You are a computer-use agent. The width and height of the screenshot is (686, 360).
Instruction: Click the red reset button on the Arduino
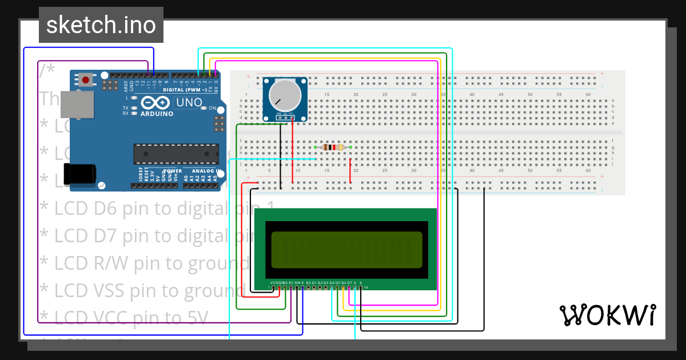click(x=85, y=80)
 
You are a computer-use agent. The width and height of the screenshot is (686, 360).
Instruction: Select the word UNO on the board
click(x=188, y=103)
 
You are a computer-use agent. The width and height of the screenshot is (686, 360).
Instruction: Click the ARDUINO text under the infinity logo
click(x=157, y=114)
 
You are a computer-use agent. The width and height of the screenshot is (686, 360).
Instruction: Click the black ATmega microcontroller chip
click(x=176, y=154)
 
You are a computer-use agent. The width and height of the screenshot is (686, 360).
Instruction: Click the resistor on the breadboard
click(x=333, y=147)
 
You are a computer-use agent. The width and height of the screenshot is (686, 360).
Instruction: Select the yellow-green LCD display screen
click(x=347, y=250)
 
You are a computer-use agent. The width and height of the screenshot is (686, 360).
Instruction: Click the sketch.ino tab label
click(x=101, y=25)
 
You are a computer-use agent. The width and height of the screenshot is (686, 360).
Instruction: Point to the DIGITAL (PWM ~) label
click(x=186, y=90)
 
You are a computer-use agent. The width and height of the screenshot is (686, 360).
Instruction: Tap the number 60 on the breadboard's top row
click(x=588, y=94)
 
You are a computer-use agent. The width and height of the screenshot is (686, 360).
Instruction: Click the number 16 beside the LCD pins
click(x=366, y=287)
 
